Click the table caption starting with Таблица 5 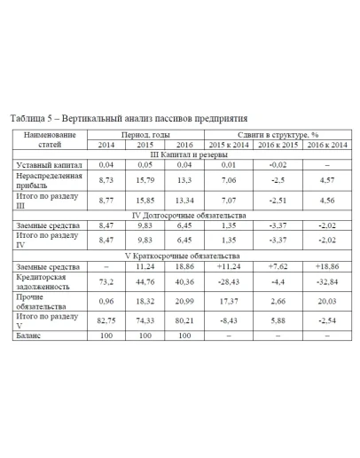pos(128,117)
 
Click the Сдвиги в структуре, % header pos(272,133)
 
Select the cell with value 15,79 pos(145,180)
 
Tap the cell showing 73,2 pos(107,282)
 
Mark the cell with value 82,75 pos(107,320)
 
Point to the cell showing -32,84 pos(319,282)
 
